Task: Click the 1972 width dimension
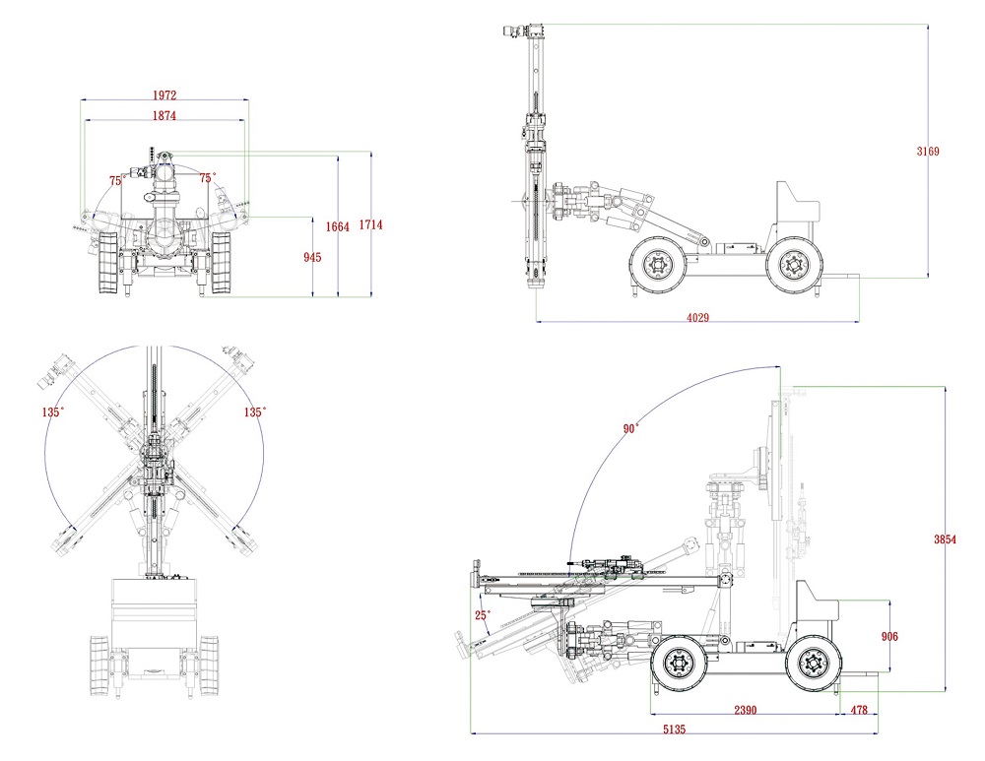pos(164,95)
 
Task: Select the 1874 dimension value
pos(164,115)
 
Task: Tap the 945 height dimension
pos(313,258)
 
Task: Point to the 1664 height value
pos(338,227)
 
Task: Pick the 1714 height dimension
pos(370,225)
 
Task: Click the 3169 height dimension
pos(928,152)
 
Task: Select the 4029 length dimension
pos(697,317)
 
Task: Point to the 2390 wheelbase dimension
pos(745,710)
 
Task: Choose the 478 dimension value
pos(859,710)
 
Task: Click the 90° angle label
pos(630,428)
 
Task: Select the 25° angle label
pos(483,615)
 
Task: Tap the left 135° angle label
pos(53,412)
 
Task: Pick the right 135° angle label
pos(254,412)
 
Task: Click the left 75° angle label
pos(116,180)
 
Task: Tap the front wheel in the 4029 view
pos(657,263)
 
